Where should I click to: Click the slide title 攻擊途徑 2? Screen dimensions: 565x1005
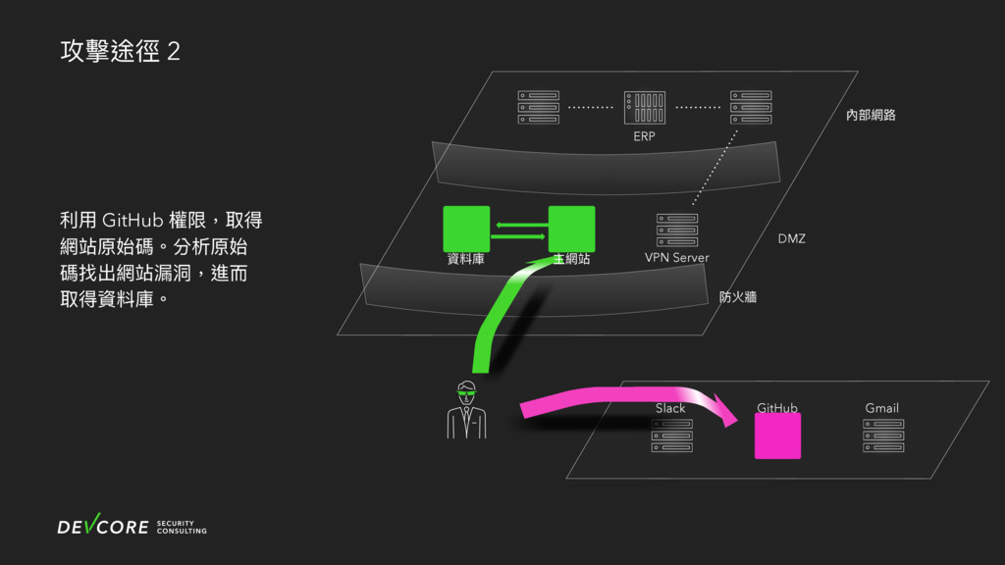[x=120, y=52]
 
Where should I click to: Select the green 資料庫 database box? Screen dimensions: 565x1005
[x=466, y=228]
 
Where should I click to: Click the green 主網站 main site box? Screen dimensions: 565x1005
[x=571, y=228]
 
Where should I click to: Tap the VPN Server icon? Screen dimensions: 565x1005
[x=677, y=230]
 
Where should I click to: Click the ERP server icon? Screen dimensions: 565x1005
[x=644, y=108]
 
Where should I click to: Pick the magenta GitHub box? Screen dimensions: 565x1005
[x=777, y=436]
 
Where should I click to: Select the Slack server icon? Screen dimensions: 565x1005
[x=672, y=436]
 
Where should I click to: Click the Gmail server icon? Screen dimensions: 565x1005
[x=883, y=436]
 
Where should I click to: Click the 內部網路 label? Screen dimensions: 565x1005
[x=871, y=115]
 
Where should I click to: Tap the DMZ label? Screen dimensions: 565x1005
[x=791, y=238]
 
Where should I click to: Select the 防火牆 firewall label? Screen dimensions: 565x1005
[x=737, y=296]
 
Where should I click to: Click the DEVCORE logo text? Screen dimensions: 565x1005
[x=103, y=528]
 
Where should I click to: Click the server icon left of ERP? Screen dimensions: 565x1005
[x=538, y=108]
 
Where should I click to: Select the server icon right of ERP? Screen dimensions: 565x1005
[x=751, y=108]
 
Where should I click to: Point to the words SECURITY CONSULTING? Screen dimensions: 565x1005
[x=182, y=528]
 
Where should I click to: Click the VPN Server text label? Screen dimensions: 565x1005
[x=676, y=258]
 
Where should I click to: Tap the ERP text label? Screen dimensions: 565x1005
[x=644, y=136]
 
